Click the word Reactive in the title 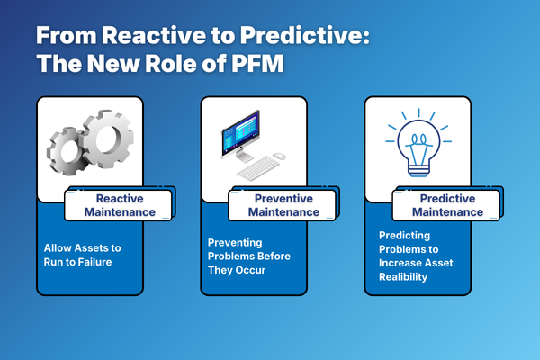tap(154, 35)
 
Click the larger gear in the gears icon tap(108, 139)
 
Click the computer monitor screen tap(240, 132)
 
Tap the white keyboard tap(258, 168)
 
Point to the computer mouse tap(280, 157)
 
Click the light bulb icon tap(418, 142)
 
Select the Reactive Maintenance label tap(120, 205)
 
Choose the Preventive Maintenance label tap(283, 205)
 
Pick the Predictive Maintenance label tap(447, 205)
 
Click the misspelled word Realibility tap(403, 277)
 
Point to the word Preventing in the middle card tap(235, 243)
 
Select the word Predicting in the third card tap(404, 236)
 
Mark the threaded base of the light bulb tap(418, 170)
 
